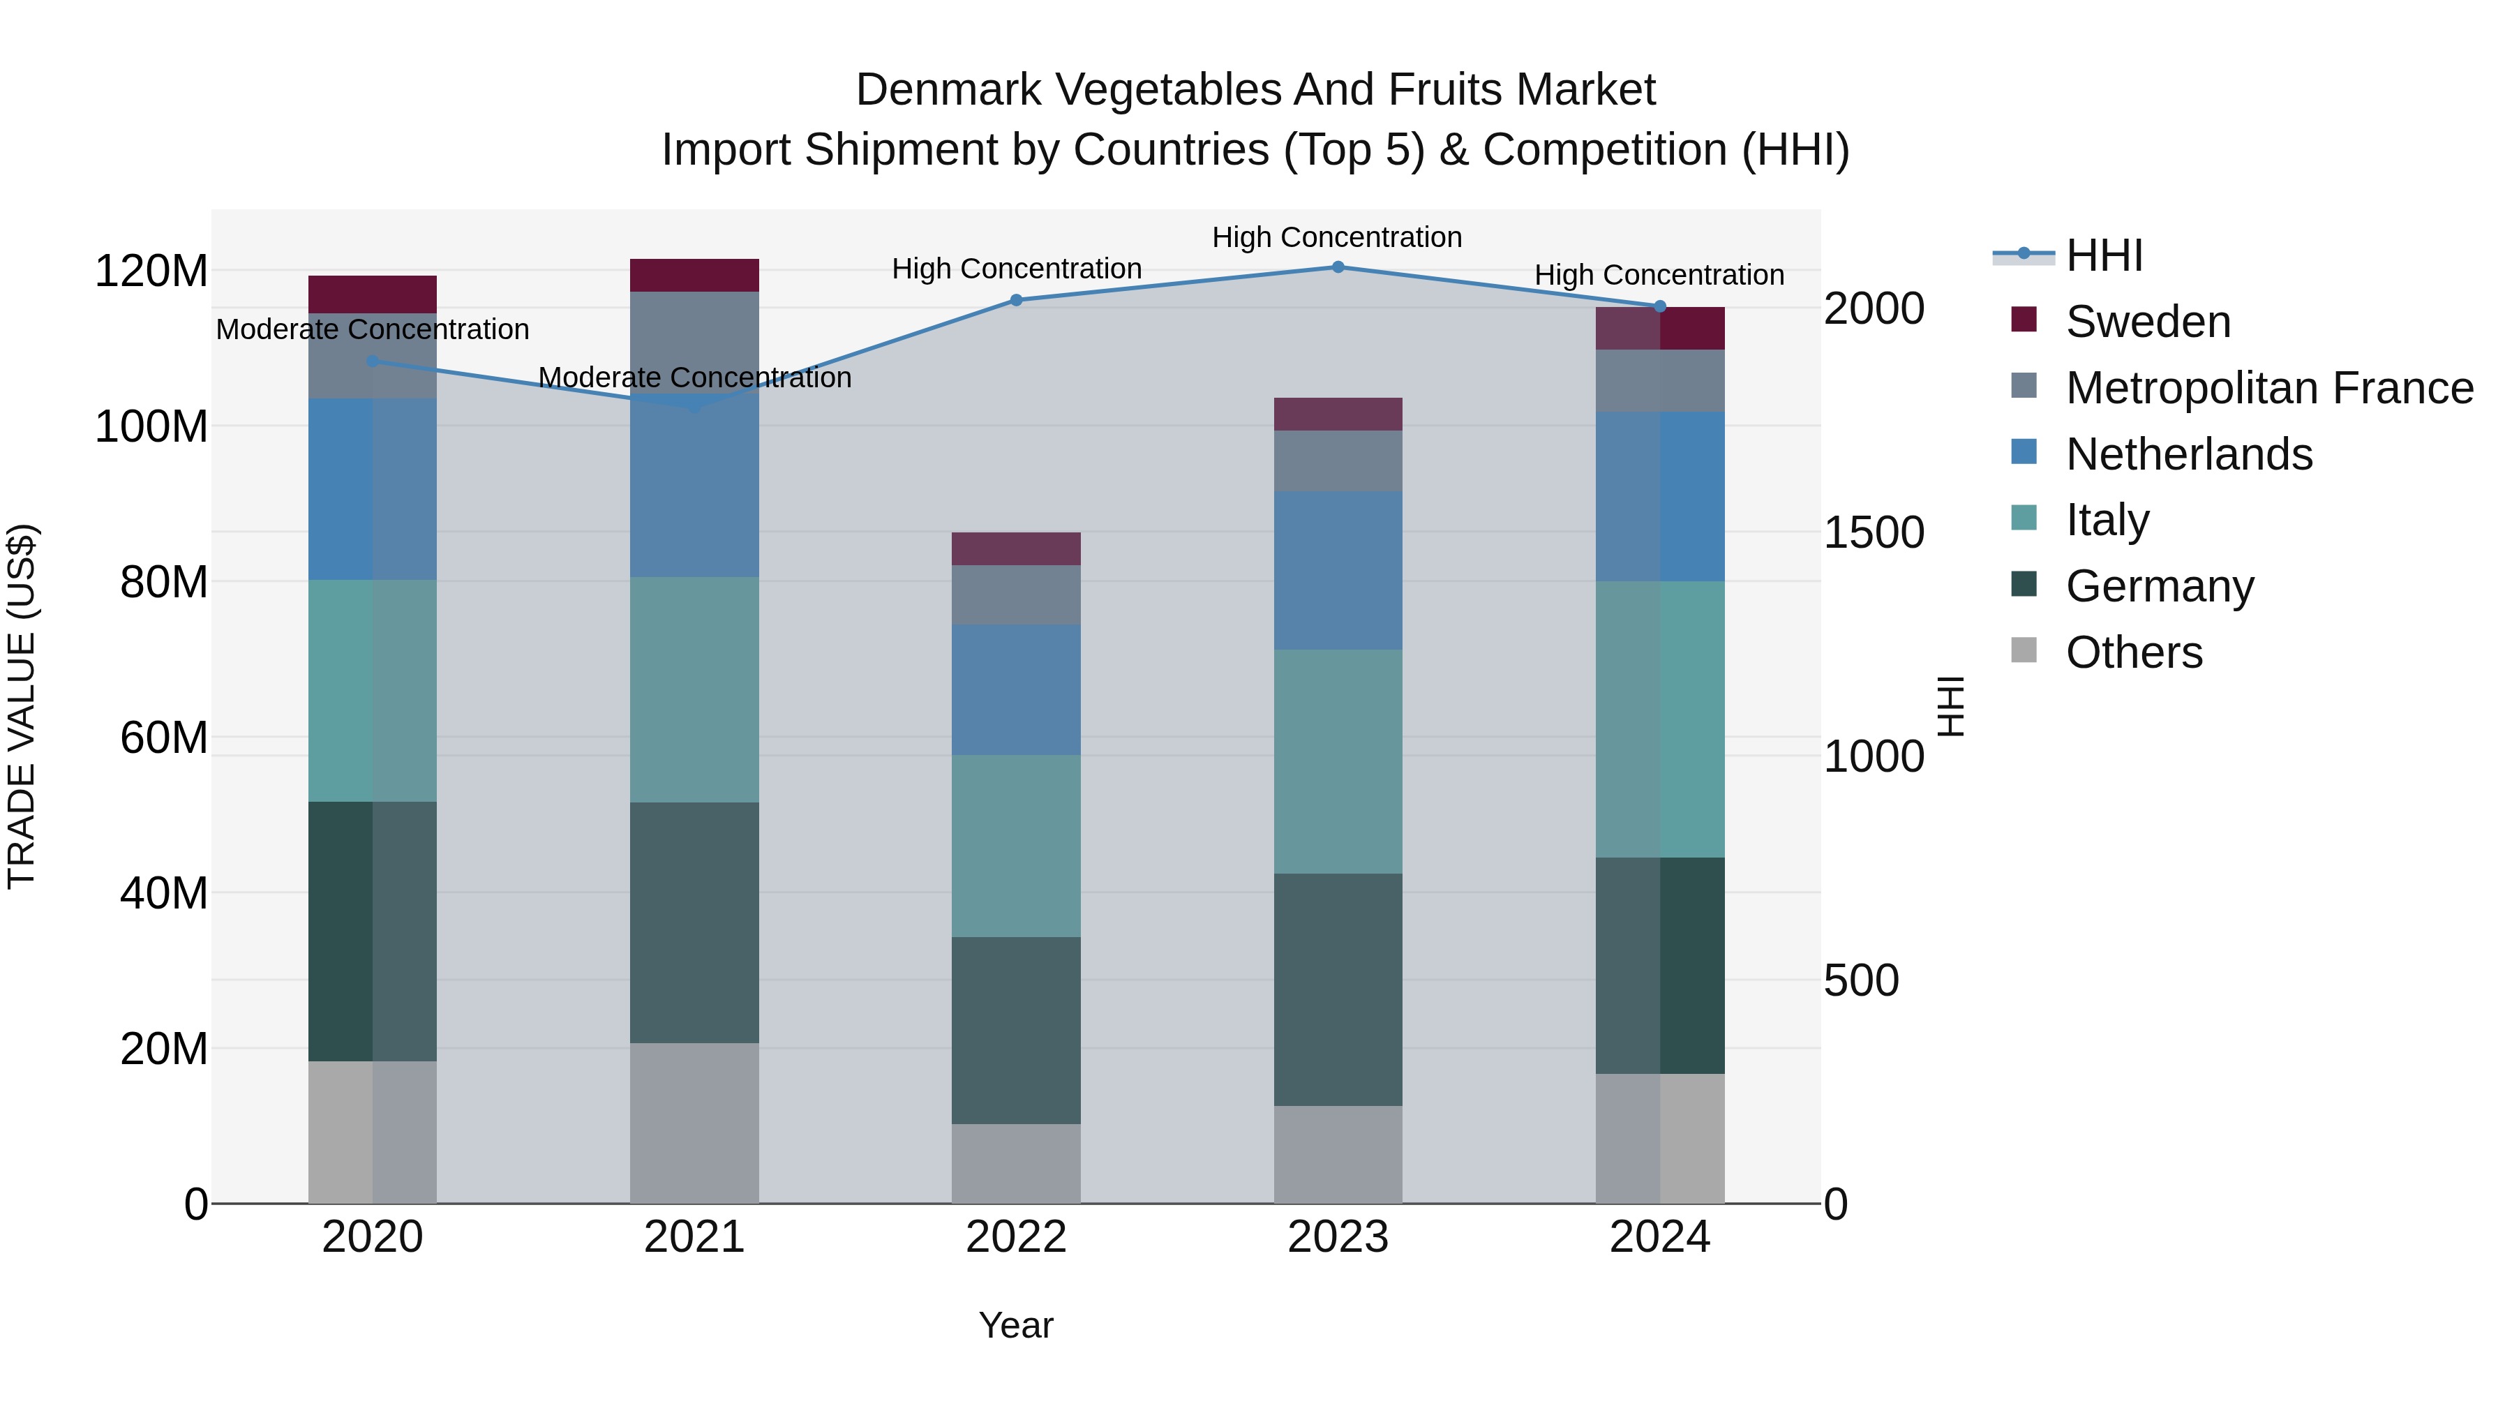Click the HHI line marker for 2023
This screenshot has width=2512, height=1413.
click(x=1338, y=267)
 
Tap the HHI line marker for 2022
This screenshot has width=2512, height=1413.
click(x=1016, y=300)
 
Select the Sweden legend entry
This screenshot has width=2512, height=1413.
click(x=2147, y=322)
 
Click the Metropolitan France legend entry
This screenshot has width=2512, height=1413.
click(x=2269, y=388)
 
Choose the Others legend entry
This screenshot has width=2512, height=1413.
click(x=2134, y=652)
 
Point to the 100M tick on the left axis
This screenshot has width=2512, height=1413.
click(x=151, y=427)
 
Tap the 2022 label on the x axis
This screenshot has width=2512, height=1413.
click(x=1016, y=1237)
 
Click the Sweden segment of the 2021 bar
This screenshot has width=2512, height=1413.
click(x=694, y=275)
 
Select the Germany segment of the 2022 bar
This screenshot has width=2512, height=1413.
click(x=1016, y=1030)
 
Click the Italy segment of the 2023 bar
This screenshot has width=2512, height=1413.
click(x=1338, y=761)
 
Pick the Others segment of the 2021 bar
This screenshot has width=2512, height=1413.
click(x=694, y=1123)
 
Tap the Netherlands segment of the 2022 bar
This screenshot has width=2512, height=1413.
click(x=1016, y=689)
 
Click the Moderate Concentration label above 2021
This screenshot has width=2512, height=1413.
click(x=694, y=377)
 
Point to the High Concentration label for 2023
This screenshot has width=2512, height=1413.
click(x=1337, y=237)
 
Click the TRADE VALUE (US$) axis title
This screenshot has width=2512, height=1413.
click(x=22, y=706)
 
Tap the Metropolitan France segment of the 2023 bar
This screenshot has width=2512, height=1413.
click(x=1338, y=461)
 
